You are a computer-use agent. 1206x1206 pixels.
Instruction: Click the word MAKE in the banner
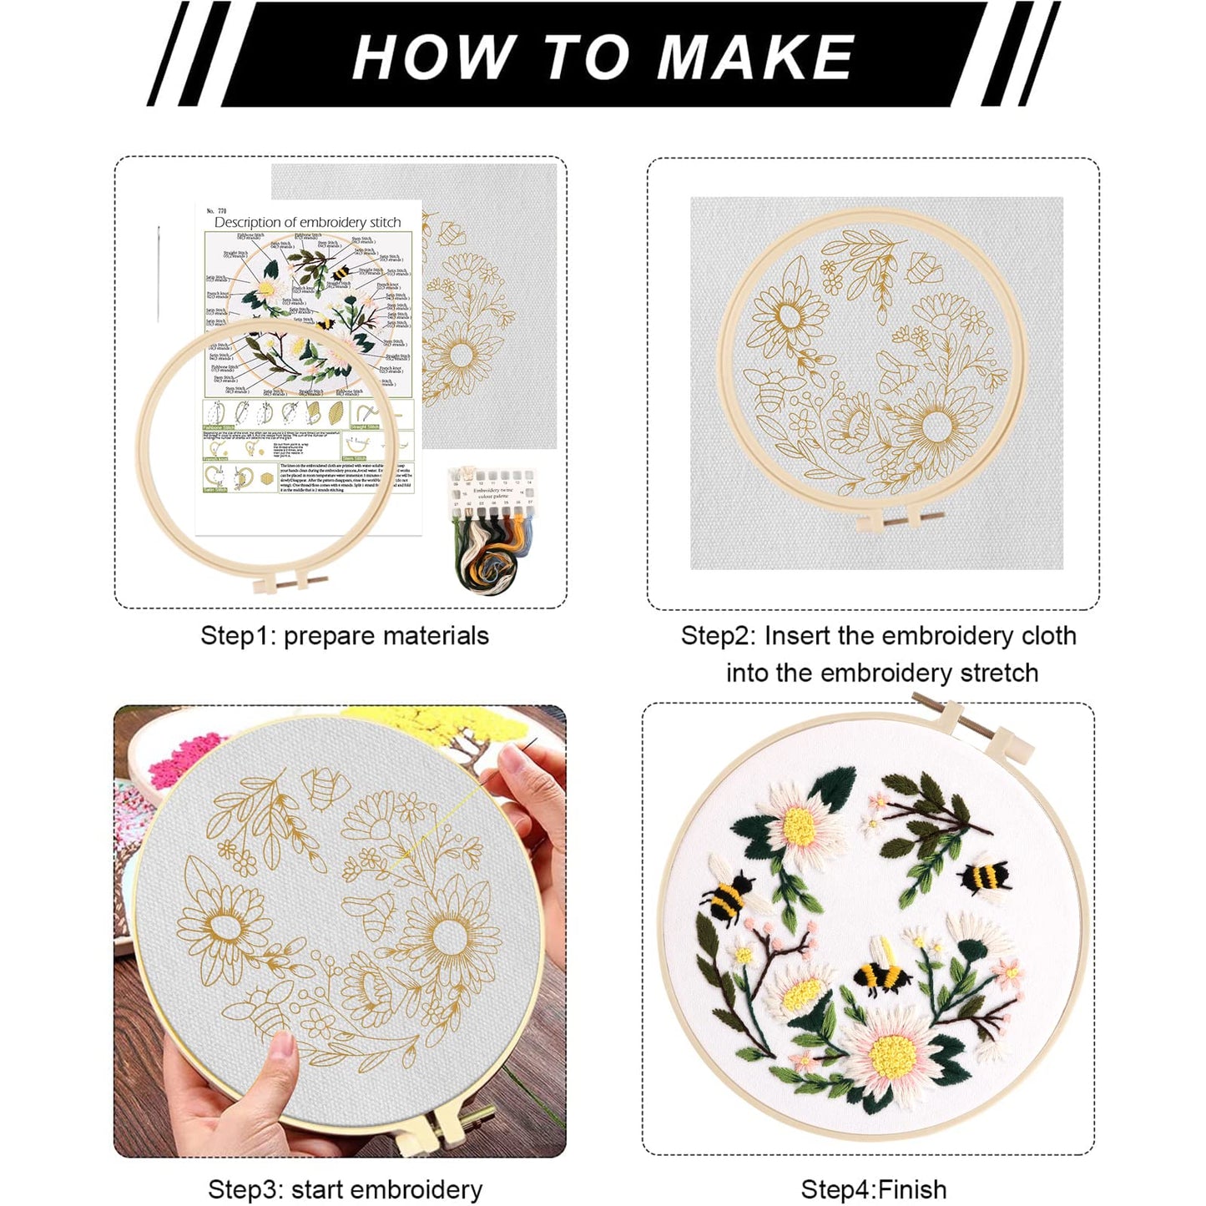755,57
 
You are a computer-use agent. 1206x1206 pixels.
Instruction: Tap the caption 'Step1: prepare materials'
344,636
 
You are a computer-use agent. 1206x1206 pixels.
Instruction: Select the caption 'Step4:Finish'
873,1188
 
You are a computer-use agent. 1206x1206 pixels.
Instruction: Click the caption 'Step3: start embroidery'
345,1188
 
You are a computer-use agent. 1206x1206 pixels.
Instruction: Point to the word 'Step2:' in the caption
719,636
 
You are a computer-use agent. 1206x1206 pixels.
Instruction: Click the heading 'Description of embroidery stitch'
307,222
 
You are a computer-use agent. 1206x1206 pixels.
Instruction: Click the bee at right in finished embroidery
985,877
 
